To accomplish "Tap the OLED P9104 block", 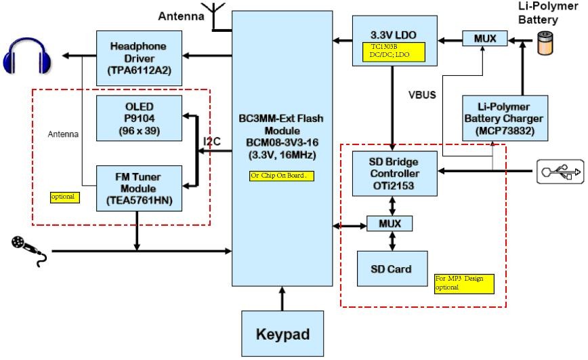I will pyautogui.click(x=139, y=119).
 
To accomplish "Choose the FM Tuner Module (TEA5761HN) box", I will pyautogui.click(x=139, y=188).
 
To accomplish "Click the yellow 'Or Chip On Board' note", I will pyautogui.click(x=279, y=176).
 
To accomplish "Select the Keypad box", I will pyautogui.click(x=282, y=333).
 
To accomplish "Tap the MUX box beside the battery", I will pyautogui.click(x=484, y=39).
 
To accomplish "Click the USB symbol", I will pyautogui.click(x=560, y=171).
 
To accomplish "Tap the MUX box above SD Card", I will pyautogui.click(x=390, y=223).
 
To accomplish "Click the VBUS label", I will pyautogui.click(x=422, y=95).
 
